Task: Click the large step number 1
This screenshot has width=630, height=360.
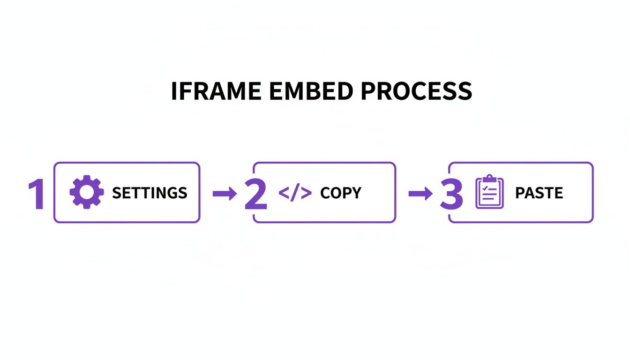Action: pos(37,194)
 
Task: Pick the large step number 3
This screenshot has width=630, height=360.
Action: pos(451,194)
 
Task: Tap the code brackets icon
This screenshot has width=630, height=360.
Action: pos(295,193)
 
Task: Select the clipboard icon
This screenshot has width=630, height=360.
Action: pos(489,192)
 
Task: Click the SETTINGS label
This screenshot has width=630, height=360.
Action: pos(150,193)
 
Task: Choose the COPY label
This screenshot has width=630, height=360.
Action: pos(341,193)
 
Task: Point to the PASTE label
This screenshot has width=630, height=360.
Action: pos(539,193)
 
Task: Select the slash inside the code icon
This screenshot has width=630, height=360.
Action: pos(295,193)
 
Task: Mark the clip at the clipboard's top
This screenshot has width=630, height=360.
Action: pos(489,179)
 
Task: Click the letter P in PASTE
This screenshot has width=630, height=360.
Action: pos(519,193)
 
